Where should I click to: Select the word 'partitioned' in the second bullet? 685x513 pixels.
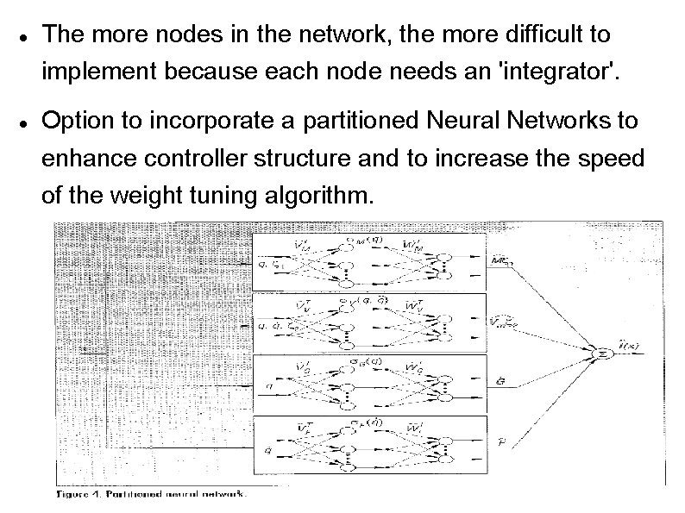click(x=374, y=122)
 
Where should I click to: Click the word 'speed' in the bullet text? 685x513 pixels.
click(x=616, y=160)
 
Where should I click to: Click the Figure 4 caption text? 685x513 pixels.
click(x=152, y=494)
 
